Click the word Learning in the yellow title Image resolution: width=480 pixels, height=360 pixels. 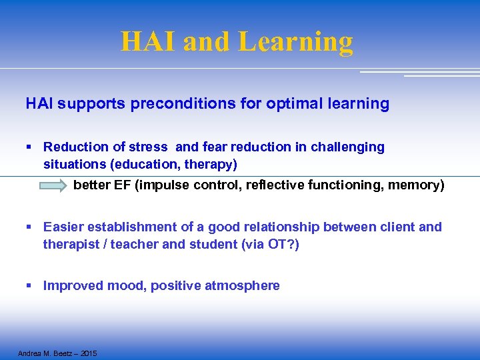point(295,41)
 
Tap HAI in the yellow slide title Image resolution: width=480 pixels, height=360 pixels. point(149,41)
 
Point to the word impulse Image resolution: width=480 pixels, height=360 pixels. point(163,185)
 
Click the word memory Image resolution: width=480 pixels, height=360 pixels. point(419,185)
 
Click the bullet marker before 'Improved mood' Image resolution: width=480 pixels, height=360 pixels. point(29,286)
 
